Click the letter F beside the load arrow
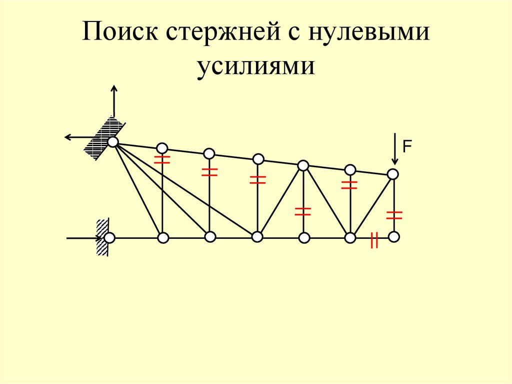[407, 147]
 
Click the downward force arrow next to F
[395, 149]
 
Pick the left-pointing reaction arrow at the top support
[78, 137]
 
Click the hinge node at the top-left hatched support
[113, 142]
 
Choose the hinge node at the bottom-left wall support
[109, 237]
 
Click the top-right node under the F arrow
[393, 174]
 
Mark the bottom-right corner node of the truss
[394, 236]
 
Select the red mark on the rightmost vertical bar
[394, 215]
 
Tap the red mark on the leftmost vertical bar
[162, 160]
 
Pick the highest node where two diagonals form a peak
[303, 165]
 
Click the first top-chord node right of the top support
[162, 148]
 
